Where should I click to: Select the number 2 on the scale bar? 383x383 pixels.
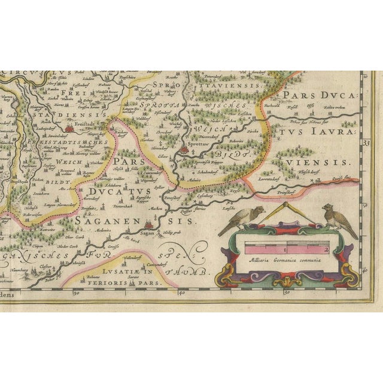pos(327,248)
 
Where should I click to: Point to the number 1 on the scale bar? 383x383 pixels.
pos(285,248)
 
